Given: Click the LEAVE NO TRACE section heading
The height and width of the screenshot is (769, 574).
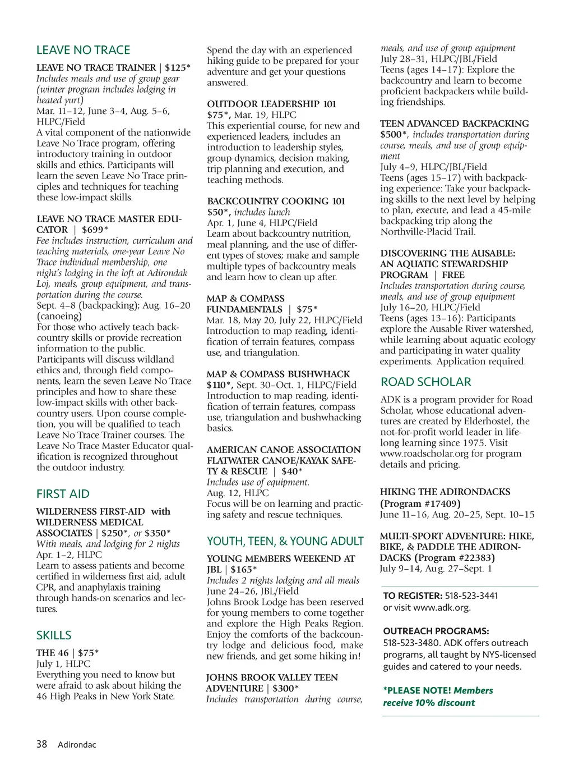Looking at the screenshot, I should point(83,50).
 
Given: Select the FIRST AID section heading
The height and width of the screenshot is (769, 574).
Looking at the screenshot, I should point(63,494).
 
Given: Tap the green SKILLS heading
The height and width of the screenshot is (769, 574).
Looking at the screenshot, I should point(54,635).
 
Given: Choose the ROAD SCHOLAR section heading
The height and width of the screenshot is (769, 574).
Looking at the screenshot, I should point(426,382).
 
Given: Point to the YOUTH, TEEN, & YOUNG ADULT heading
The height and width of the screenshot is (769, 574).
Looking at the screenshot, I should point(285,541).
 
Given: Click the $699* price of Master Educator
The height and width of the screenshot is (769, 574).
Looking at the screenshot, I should point(95,230).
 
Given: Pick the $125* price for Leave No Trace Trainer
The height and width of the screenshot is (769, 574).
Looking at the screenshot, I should point(178,67).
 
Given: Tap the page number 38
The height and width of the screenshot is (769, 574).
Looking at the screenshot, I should point(41,744).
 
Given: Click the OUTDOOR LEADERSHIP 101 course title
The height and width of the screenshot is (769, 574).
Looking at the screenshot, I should point(272,104).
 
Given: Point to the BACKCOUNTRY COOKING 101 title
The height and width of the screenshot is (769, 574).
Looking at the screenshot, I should point(276,201).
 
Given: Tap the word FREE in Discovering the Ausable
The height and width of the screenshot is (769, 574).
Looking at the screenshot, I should point(453,275).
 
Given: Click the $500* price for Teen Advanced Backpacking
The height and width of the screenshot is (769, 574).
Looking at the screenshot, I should point(394,135).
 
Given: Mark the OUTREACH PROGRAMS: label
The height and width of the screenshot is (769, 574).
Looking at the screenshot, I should point(436,631).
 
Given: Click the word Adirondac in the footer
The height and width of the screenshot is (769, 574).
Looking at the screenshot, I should point(77,745).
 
